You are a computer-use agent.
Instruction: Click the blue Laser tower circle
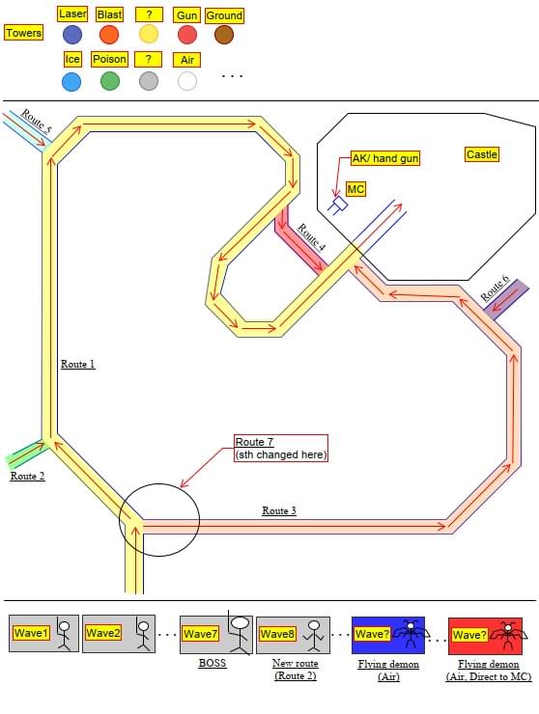click(x=72, y=35)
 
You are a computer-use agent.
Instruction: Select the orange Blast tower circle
click(x=109, y=35)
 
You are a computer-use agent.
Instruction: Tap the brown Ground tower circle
click(x=224, y=35)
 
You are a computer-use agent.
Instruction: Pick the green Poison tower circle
click(x=110, y=81)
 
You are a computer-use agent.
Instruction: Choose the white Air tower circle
click(x=187, y=81)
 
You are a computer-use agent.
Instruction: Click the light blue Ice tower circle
click(x=71, y=81)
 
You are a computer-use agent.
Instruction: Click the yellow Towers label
click(x=24, y=33)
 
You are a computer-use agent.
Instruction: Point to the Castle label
click(x=482, y=154)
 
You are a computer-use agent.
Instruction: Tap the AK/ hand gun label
click(x=385, y=158)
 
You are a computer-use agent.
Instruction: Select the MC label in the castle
click(x=355, y=188)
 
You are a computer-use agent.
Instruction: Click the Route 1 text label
click(x=78, y=364)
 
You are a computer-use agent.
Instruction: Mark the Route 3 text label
click(x=279, y=510)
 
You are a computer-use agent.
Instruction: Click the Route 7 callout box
click(x=281, y=448)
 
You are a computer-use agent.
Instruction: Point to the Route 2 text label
click(x=27, y=476)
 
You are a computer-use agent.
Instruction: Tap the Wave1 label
click(x=31, y=633)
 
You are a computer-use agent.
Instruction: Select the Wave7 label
click(x=201, y=633)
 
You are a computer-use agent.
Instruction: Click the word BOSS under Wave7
click(x=213, y=663)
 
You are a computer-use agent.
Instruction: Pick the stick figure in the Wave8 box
click(x=314, y=635)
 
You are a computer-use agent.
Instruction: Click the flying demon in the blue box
click(x=411, y=633)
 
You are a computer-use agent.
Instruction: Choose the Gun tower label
click(x=186, y=15)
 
